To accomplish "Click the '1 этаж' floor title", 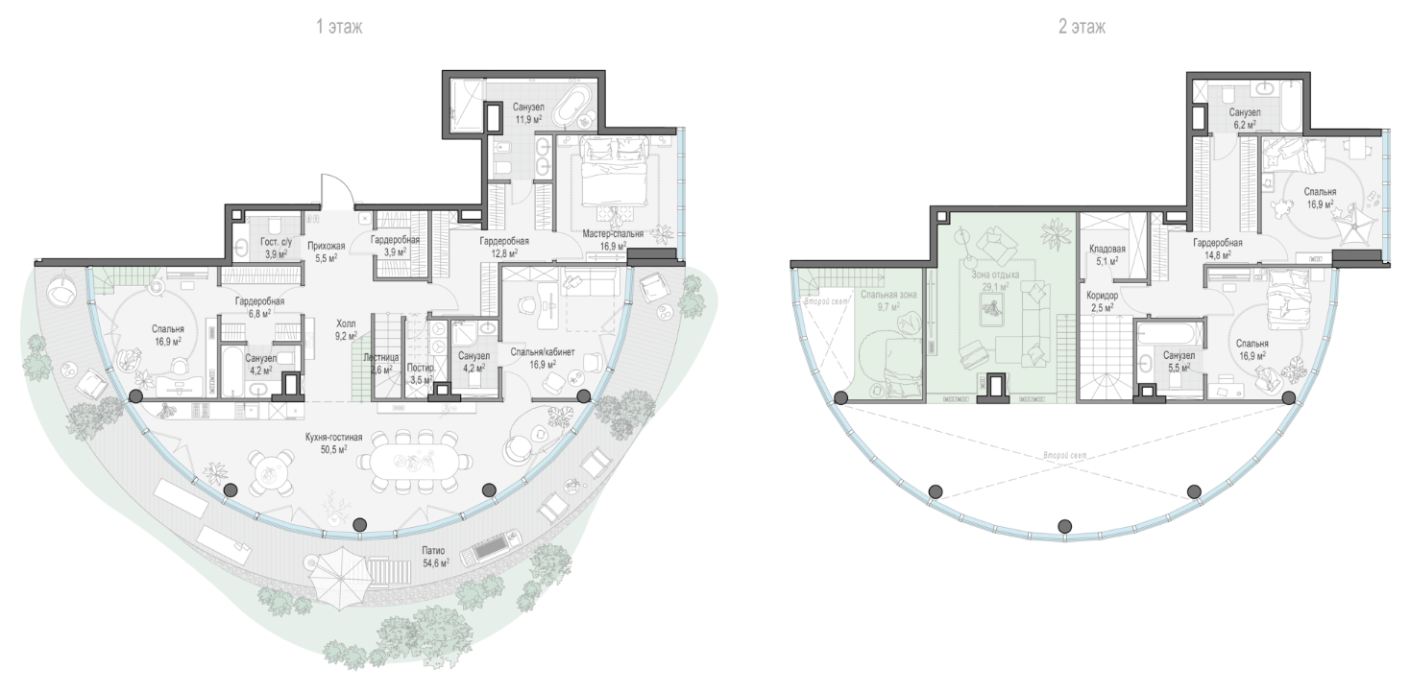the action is [339, 27].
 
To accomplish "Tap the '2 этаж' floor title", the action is [1082, 27].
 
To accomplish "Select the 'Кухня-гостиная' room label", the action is [333, 437].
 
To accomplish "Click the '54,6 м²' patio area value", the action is [436, 562].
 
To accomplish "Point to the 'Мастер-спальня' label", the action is [613, 234].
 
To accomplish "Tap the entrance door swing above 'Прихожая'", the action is [334, 191].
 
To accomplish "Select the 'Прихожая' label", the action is [326, 246].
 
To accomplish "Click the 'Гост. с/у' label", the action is [277, 242].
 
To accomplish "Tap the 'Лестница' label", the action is [380, 357].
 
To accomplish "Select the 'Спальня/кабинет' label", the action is [543, 352].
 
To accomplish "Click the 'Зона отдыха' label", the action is [995, 275].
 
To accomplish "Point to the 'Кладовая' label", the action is [1107, 249].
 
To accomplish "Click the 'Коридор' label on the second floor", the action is [1103, 295].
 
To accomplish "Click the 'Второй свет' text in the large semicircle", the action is [1064, 455].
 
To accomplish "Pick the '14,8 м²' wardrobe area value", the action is [1217, 254].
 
